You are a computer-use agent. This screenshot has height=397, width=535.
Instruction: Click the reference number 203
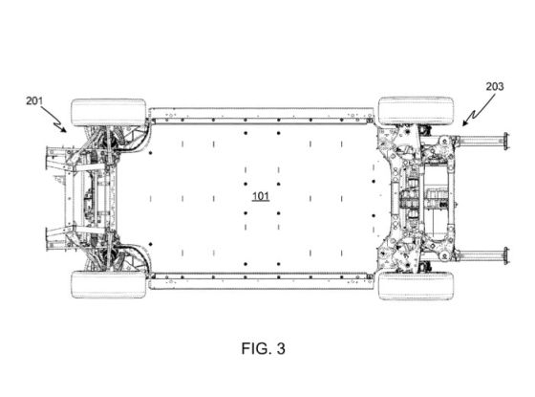(494, 86)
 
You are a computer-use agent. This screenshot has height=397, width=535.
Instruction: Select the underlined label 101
(260, 196)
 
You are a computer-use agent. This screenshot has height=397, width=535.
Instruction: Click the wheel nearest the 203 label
(416, 110)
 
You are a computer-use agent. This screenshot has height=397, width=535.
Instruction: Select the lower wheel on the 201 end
(108, 284)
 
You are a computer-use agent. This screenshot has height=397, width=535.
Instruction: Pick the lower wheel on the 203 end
(416, 285)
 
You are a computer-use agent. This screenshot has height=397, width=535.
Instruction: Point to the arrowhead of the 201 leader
(66, 129)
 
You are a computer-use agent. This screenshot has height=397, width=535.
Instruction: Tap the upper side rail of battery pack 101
(261, 116)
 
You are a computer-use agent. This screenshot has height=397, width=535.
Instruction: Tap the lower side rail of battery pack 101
(261, 279)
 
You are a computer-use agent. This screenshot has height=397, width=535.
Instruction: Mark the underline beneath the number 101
(260, 203)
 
